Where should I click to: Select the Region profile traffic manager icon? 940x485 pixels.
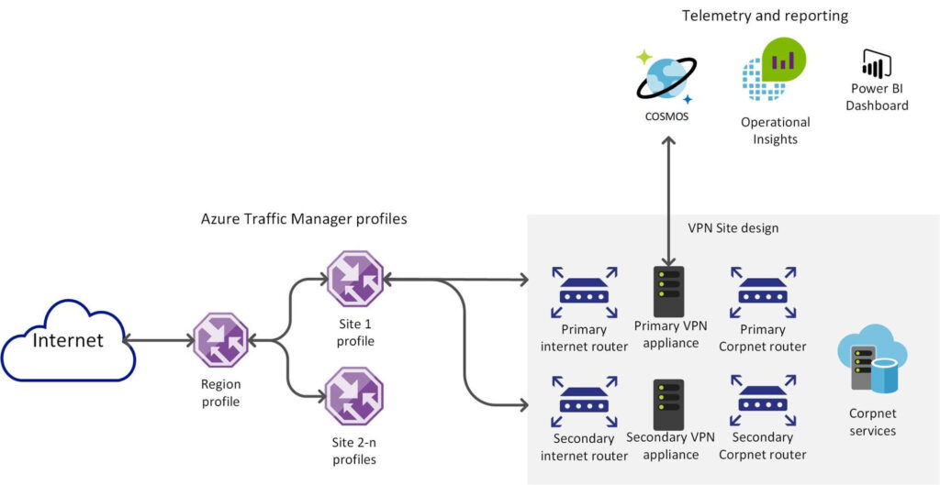click(221, 341)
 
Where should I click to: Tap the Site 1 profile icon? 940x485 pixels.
click(354, 279)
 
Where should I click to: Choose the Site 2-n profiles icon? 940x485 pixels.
click(354, 396)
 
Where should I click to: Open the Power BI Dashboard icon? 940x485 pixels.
click(877, 64)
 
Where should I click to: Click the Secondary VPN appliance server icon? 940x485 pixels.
click(668, 404)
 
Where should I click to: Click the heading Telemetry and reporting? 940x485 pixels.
click(765, 16)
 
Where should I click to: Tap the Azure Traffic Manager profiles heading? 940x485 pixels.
click(303, 220)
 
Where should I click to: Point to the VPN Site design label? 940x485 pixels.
click(733, 228)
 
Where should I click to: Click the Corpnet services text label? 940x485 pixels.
click(872, 423)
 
